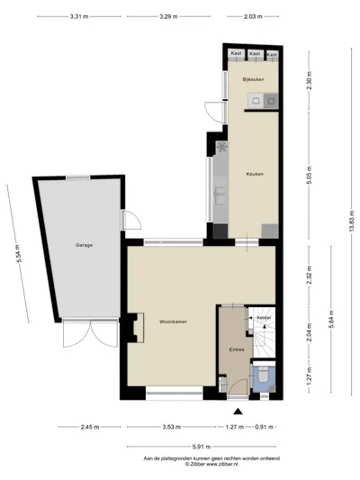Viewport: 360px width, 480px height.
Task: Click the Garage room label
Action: [84, 245]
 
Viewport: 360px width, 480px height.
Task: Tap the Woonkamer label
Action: [173, 322]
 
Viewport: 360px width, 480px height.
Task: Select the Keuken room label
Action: [255, 174]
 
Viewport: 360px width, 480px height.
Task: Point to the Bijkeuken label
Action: [254, 79]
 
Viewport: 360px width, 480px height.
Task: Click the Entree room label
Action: [237, 349]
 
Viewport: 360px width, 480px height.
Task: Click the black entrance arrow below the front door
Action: [238, 412]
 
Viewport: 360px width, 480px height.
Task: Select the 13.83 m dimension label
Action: [352, 221]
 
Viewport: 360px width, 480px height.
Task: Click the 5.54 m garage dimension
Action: [19, 253]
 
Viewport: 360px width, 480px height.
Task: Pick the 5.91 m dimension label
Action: [202, 447]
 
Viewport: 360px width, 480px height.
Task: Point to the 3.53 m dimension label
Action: [172, 427]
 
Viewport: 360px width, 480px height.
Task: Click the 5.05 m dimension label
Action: [310, 175]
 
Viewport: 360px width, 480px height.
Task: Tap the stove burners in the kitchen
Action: [221, 148]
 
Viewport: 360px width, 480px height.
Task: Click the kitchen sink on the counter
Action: [220, 196]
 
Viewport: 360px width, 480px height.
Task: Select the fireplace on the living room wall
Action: [136, 328]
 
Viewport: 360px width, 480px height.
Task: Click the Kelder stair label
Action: [264, 318]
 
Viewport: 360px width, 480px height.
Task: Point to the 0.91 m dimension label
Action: [265, 427]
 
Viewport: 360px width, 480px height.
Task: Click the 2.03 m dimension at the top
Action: [253, 16]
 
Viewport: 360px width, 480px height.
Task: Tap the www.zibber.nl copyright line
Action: [211, 464]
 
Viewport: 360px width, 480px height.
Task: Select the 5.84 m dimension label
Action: [331, 319]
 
